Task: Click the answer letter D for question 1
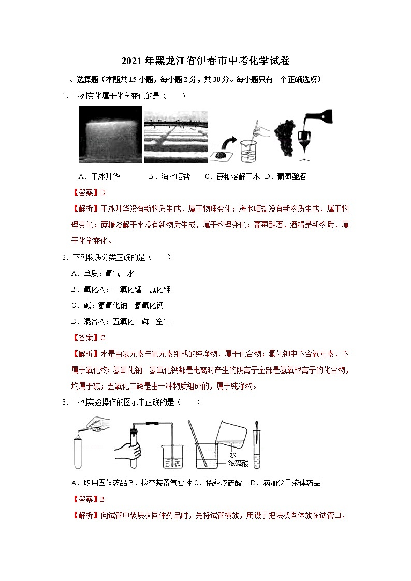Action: pyautogui.click(x=102, y=192)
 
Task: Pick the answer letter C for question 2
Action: pyautogui.click(x=102, y=338)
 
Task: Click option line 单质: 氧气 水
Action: pyautogui.click(x=102, y=273)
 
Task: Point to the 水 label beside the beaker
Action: pyautogui.click(x=233, y=455)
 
